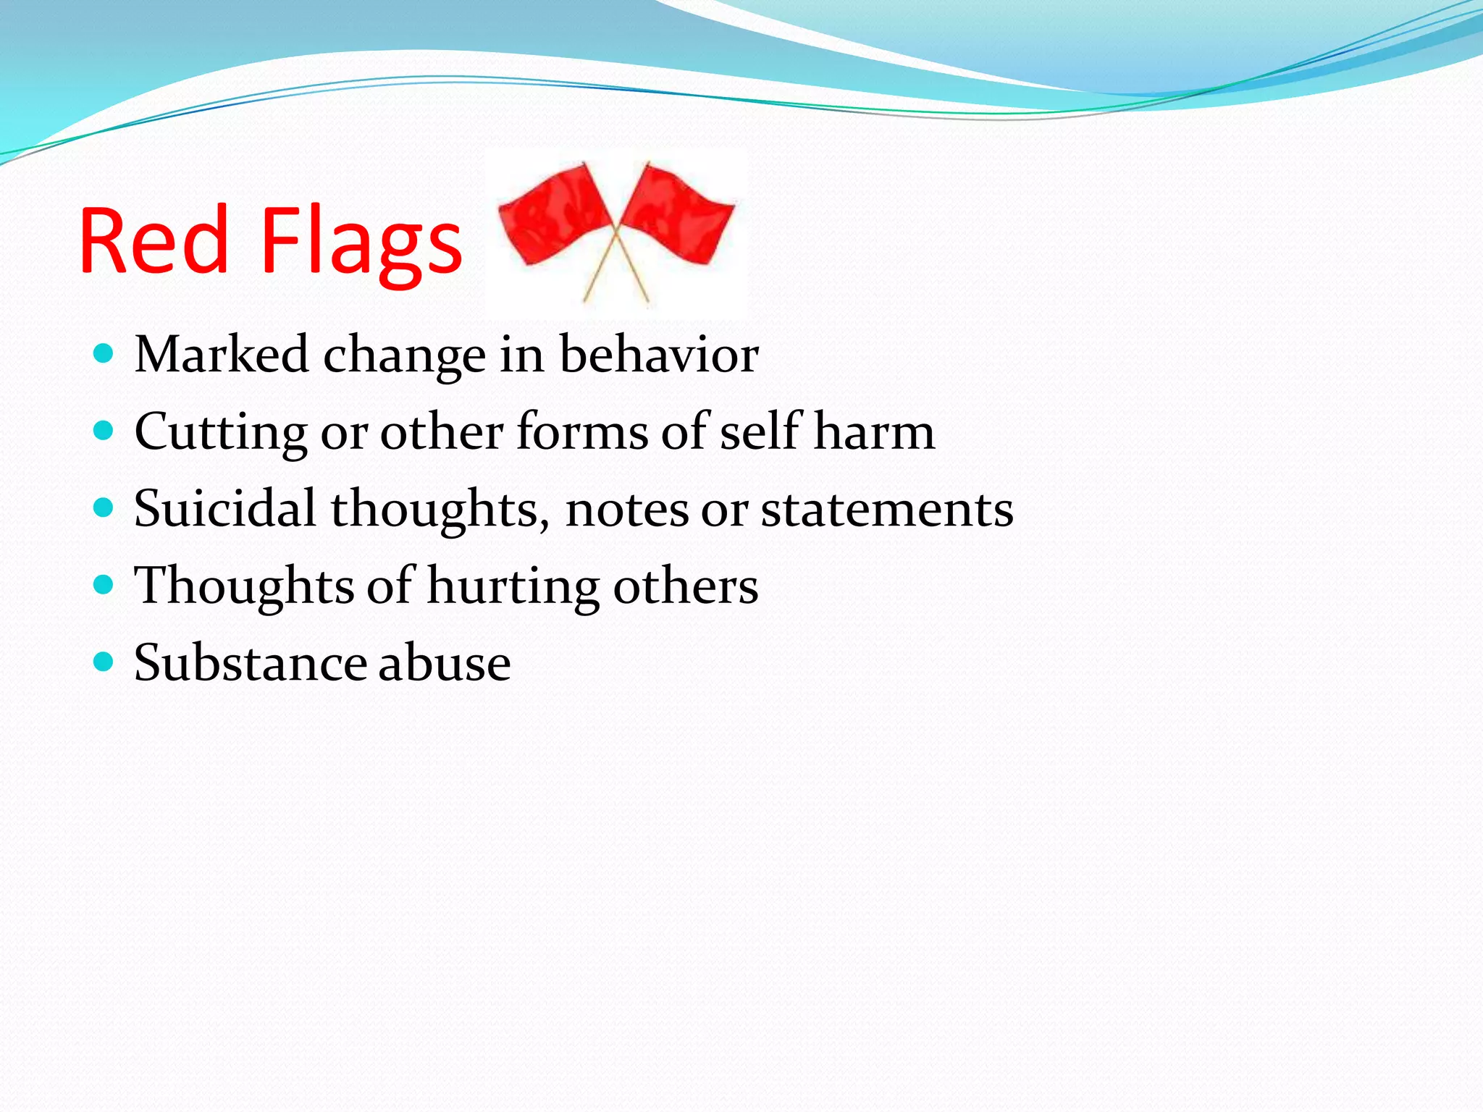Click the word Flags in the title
pos(361,243)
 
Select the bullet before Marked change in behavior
pos(104,354)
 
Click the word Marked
pos(222,355)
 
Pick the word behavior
pos(659,355)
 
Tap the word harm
pos(874,431)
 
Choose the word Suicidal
pos(225,508)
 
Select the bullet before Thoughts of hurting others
pos(104,585)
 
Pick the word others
pos(686,586)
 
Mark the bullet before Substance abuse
pos(104,662)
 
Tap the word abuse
pos(444,662)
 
